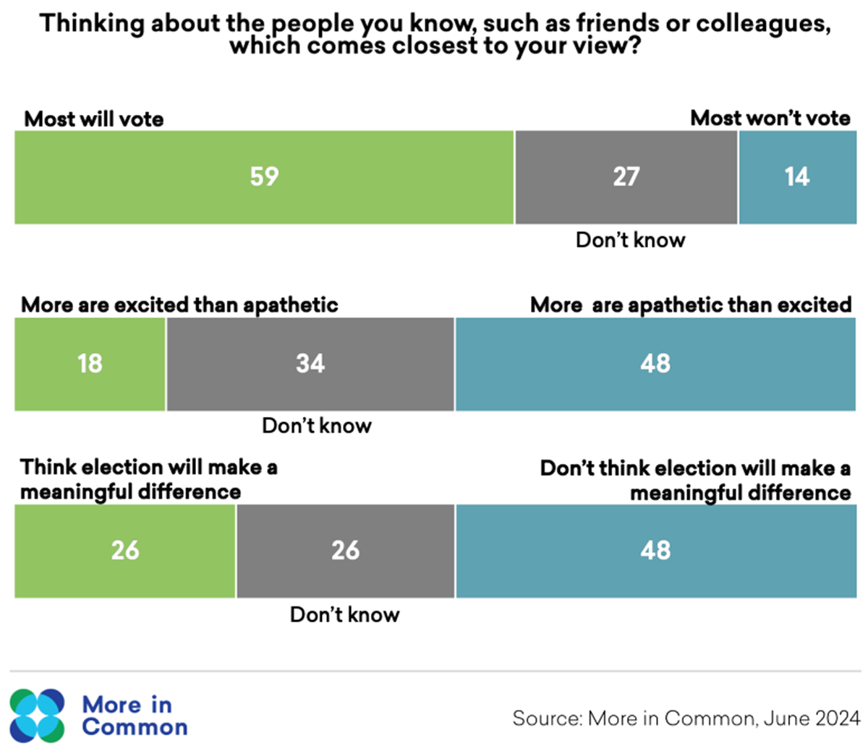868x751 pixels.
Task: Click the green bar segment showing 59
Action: (264, 177)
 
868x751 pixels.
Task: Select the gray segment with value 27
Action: (626, 177)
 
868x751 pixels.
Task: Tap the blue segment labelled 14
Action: (797, 177)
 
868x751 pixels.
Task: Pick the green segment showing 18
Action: (90, 364)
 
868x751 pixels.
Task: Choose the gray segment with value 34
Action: (310, 364)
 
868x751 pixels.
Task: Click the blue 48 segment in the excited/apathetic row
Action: (655, 364)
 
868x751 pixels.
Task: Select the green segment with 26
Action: (124, 551)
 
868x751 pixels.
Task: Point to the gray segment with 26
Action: (346, 551)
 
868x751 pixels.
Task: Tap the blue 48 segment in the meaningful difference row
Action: (656, 551)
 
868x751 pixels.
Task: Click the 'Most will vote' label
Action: (93, 119)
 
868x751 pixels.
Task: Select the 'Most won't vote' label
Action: (770, 119)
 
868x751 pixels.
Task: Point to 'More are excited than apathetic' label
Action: (179, 305)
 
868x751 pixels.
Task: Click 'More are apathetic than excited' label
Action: (691, 305)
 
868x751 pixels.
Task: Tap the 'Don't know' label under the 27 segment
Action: (630, 241)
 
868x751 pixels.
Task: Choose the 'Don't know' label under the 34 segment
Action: (317, 426)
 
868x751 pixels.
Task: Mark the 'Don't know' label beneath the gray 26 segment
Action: (345, 615)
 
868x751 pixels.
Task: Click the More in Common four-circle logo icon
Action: (37, 716)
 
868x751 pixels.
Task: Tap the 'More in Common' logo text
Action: (135, 716)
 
